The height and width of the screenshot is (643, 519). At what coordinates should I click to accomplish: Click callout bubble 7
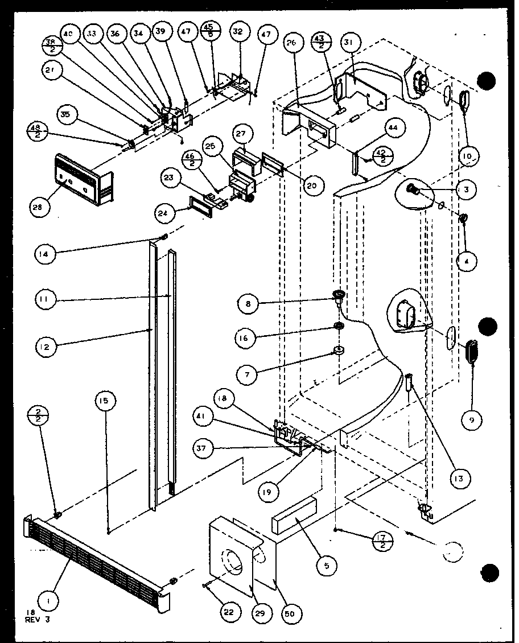click(x=248, y=374)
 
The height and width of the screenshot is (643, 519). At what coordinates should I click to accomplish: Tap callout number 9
click(x=472, y=421)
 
